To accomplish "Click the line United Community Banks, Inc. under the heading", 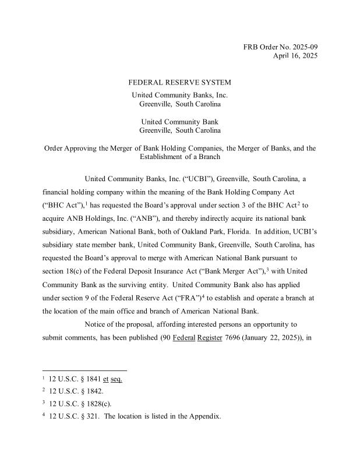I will [x=179, y=95].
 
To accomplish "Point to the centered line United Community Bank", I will [x=179, y=121].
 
